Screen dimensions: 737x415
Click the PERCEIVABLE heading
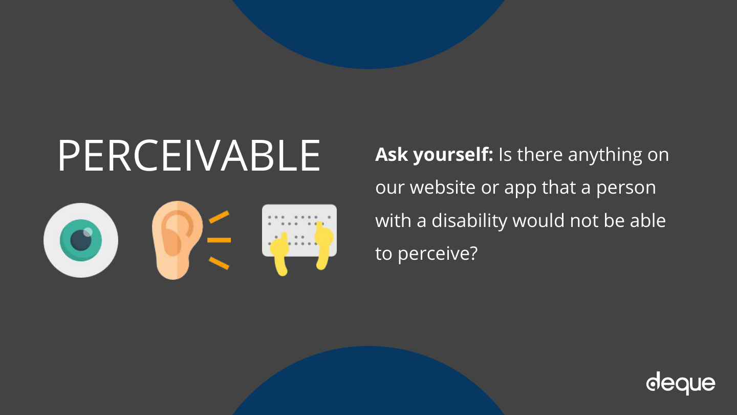pyautogui.click(x=189, y=155)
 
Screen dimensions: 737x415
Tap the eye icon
pyautogui.click(x=81, y=240)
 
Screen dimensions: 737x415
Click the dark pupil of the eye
pyautogui.click(x=81, y=240)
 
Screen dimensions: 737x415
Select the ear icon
pyautogui.click(x=177, y=240)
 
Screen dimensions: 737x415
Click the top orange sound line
pyautogui.click(x=219, y=217)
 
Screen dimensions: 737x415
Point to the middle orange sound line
pyautogui.click(x=219, y=240)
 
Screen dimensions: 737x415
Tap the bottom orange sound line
pyautogui.click(x=219, y=263)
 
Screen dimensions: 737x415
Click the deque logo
pyautogui.click(x=680, y=383)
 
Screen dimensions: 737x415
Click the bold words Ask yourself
pyautogui.click(x=434, y=155)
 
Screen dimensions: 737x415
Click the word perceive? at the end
pyautogui.click(x=437, y=254)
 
